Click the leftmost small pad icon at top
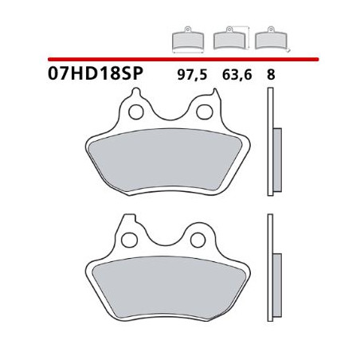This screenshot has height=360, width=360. click(187, 39)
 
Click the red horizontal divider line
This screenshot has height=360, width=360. click(183, 59)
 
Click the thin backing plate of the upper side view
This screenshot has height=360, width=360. click(268, 143)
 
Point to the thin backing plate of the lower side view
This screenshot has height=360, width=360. click(268, 271)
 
